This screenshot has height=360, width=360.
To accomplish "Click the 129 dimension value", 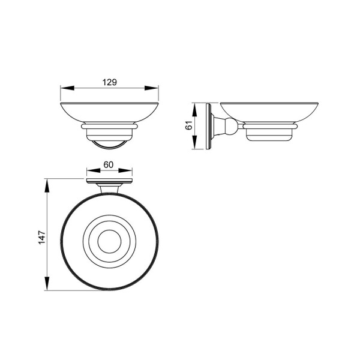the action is (x=110, y=82).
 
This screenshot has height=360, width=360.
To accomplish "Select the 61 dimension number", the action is (x=189, y=125).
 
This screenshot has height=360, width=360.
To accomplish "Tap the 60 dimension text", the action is (x=109, y=164).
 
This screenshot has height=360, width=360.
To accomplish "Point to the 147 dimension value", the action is (x=42, y=238).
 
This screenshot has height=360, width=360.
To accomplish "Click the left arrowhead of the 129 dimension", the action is (x=67, y=88).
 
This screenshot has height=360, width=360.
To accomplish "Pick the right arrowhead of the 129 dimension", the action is (x=152, y=88).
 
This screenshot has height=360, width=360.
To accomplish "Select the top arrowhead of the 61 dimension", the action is (x=194, y=110).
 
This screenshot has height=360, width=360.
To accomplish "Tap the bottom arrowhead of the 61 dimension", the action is (x=194, y=142).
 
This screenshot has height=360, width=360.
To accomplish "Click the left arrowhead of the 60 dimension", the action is (x=94, y=170).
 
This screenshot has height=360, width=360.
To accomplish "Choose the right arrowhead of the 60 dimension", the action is (x=125, y=170).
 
